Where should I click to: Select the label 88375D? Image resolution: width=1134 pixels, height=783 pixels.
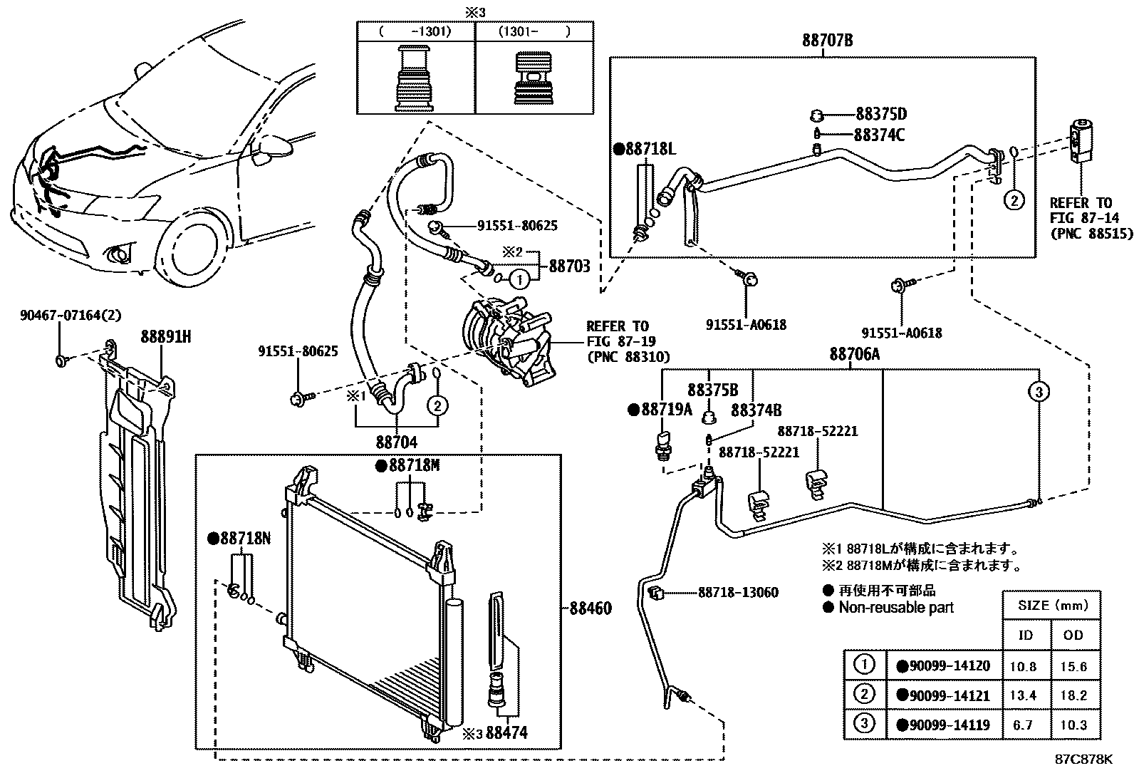(881, 115)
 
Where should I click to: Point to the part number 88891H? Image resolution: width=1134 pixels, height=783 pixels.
(165, 338)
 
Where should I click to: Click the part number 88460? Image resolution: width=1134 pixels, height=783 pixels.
(591, 608)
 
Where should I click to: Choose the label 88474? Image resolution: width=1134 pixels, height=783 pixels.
(506, 732)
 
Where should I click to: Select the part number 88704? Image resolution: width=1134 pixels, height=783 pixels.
(397, 442)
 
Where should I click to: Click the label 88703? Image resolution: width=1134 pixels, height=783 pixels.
(569, 266)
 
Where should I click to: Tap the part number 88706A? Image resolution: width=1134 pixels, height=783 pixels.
(854, 354)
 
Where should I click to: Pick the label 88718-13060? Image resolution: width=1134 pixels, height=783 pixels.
(738, 592)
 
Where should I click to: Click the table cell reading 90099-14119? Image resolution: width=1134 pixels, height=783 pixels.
(944, 725)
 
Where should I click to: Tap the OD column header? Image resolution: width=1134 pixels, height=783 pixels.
(1073, 635)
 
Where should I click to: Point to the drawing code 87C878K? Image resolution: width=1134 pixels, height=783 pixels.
(1083, 759)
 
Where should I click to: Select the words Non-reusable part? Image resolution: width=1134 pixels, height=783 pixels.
(895, 608)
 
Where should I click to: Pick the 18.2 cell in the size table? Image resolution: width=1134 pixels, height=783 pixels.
(1073, 696)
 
